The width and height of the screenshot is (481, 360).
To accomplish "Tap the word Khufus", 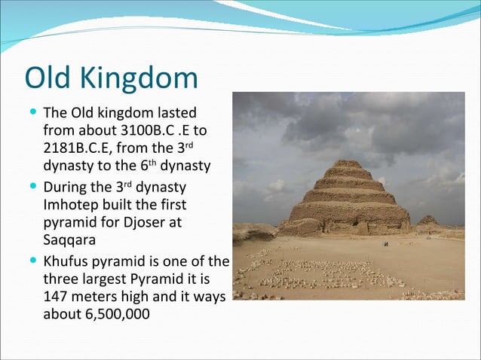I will (68, 261).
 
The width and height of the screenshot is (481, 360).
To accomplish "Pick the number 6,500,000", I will (112, 313).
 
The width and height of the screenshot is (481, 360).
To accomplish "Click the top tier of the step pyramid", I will (348, 164).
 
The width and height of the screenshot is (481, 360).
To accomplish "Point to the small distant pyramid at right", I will (428, 220).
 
